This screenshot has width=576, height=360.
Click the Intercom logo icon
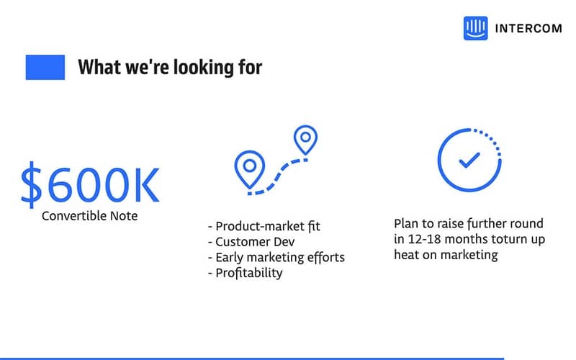(x=476, y=28)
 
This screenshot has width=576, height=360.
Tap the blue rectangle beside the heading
(x=45, y=68)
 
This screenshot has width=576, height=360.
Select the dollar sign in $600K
(x=31, y=184)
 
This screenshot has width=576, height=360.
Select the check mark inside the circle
(x=468, y=159)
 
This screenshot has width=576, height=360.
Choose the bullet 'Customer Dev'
(x=249, y=241)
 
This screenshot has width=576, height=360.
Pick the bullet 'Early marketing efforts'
(x=276, y=257)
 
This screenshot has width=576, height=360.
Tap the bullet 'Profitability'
(x=245, y=273)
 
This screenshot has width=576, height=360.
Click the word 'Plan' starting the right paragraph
(x=406, y=223)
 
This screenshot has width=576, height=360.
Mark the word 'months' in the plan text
(x=464, y=239)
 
